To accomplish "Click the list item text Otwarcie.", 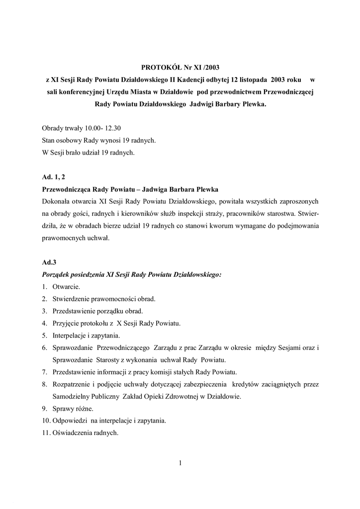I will pos(66,287).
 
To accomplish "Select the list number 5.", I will pos(44,336).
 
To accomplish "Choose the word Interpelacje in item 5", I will pos(69,336).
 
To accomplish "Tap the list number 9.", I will pos(44,409).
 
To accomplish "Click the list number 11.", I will pos(46,433).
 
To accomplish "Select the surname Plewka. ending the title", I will pos(252,104).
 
